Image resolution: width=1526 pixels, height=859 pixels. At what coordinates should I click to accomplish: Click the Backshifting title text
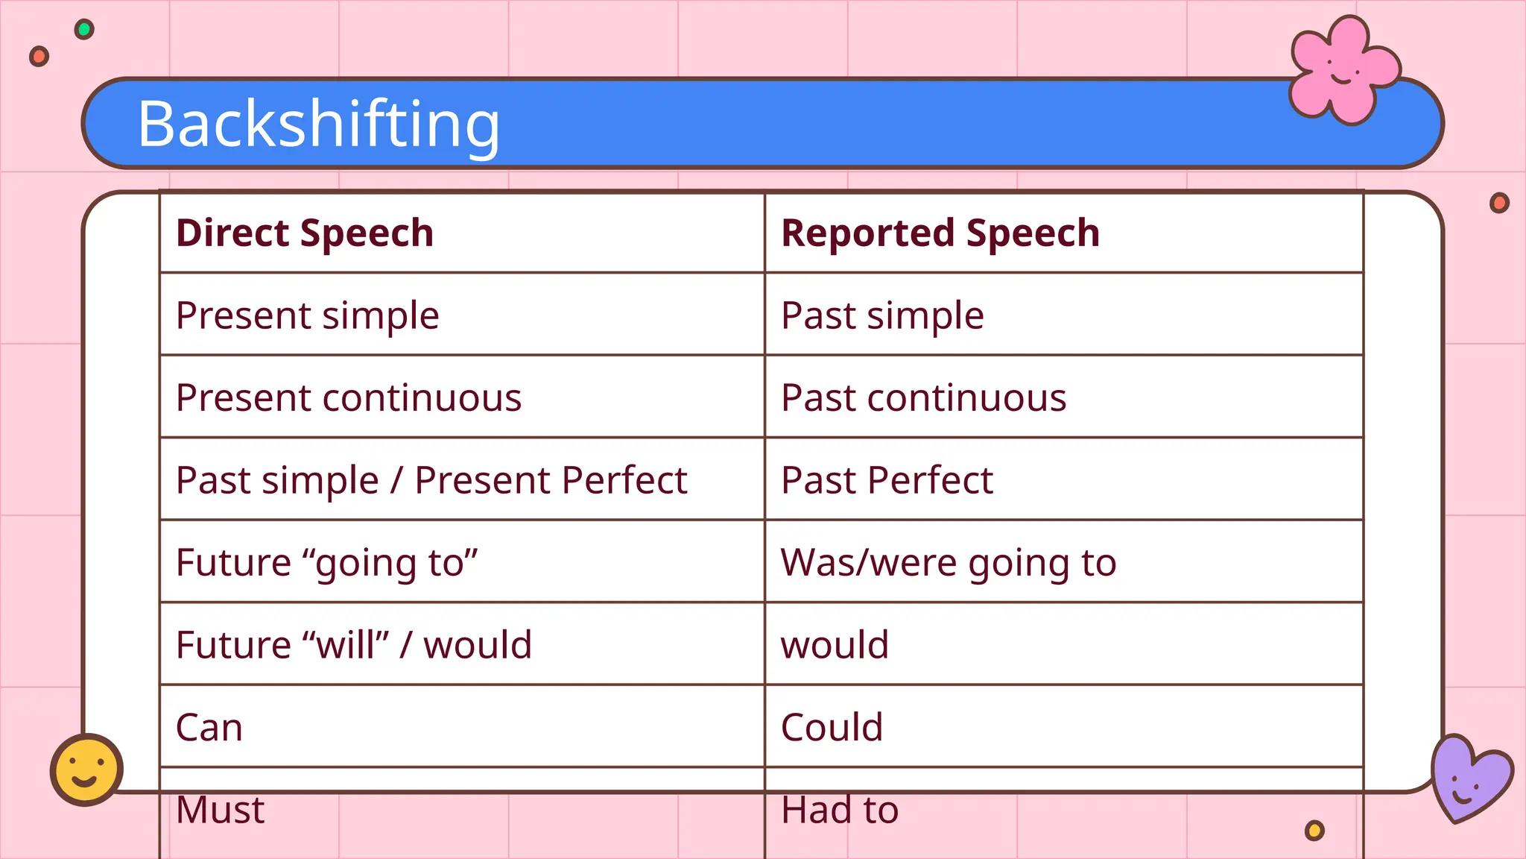click(318, 124)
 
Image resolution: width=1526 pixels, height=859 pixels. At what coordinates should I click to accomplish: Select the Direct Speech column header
click(305, 233)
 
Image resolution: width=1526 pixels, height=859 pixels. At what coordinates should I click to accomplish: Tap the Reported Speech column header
click(940, 233)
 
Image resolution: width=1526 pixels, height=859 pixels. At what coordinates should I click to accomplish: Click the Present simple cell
click(307, 315)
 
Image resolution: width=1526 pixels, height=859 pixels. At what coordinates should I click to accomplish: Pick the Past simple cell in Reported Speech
click(882, 315)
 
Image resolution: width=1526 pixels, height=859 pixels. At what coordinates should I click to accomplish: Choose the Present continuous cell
click(349, 397)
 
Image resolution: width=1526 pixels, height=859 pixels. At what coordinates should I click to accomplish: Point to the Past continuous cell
click(923, 397)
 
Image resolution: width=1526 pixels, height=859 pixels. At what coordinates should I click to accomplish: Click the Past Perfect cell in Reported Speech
click(887, 480)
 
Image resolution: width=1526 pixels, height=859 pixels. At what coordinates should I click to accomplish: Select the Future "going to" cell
click(326, 563)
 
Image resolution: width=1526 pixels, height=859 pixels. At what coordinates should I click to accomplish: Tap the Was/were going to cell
click(949, 563)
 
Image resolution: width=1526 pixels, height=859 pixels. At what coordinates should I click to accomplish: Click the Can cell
click(209, 727)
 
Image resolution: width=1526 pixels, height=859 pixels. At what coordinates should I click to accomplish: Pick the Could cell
click(832, 727)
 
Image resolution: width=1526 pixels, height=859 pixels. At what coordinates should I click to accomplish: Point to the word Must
click(220, 810)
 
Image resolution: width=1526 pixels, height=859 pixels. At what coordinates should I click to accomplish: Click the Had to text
click(840, 810)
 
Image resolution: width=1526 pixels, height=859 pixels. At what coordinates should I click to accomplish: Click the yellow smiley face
click(86, 770)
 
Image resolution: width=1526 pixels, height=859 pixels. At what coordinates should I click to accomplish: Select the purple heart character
click(1469, 778)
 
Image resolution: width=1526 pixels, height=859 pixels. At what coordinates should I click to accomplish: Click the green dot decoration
click(84, 30)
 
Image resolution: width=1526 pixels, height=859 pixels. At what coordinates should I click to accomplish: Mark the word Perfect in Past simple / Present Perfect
click(625, 480)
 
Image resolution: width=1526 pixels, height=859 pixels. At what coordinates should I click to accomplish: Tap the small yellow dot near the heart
click(1314, 830)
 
